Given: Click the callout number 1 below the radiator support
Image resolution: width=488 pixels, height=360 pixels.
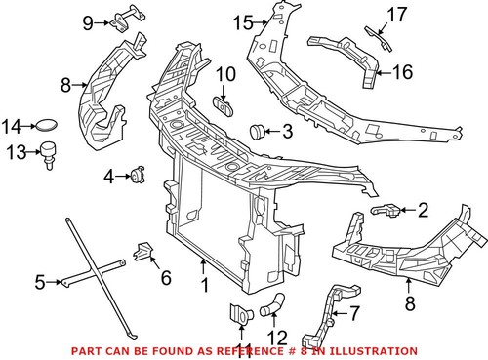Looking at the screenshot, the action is [x=205, y=286].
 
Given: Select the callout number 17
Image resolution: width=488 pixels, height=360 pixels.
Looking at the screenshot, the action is [x=395, y=14].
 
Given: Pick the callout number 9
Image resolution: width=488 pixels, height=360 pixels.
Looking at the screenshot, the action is [x=88, y=21].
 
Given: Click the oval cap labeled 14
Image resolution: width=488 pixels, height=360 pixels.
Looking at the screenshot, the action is [x=46, y=125].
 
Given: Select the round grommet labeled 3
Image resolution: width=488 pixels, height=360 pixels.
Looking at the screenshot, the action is [x=259, y=130].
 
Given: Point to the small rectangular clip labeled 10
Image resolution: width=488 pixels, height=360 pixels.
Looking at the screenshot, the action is [x=224, y=104].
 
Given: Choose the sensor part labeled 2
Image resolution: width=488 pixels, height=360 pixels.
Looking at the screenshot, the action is [x=386, y=210].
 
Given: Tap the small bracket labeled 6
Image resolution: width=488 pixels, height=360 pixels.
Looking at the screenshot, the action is [x=143, y=254].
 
